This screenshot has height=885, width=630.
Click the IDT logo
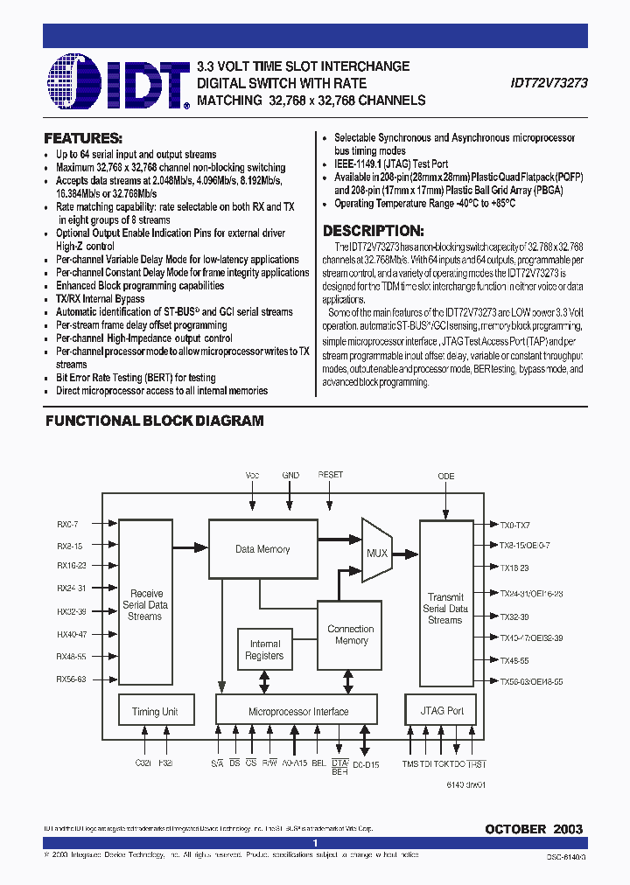pyautogui.click(x=119, y=82)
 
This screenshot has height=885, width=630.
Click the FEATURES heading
pyautogui.click(x=82, y=139)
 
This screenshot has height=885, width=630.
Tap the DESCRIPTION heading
pyautogui.click(x=374, y=232)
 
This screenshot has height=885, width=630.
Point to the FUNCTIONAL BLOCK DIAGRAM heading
pyautogui.click(x=154, y=421)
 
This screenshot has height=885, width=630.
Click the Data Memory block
pyautogui.click(x=262, y=549)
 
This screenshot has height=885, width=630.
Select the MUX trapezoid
pyautogui.click(x=376, y=553)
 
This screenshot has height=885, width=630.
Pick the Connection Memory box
pyautogui.click(x=351, y=635)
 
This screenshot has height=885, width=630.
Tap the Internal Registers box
pyautogui.click(x=264, y=650)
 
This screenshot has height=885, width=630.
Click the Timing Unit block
pyautogui.click(x=155, y=711)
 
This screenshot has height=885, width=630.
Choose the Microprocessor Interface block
pyautogui.click(x=297, y=711)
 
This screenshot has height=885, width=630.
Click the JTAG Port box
pyautogui.click(x=443, y=711)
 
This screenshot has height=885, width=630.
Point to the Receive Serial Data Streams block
pyautogui.click(x=145, y=604)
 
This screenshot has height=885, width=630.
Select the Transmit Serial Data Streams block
pyautogui.click(x=445, y=608)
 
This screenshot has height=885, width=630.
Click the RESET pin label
pyautogui.click(x=331, y=475)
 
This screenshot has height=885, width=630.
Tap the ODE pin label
pyautogui.click(x=446, y=476)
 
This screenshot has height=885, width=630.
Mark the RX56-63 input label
pyautogui.click(x=72, y=679)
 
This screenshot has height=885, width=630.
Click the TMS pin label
pyautogui.click(x=409, y=763)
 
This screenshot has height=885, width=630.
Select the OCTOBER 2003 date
pyautogui.click(x=534, y=828)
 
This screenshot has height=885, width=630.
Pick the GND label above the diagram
pyautogui.click(x=290, y=475)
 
